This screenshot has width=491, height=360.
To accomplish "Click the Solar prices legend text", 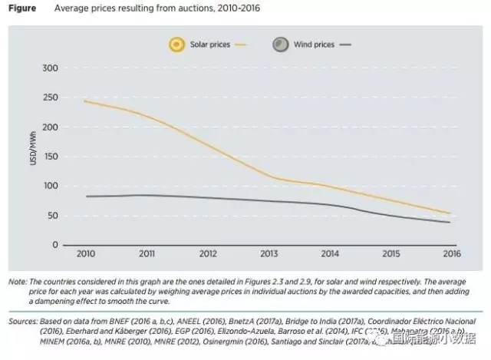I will coord(211,45).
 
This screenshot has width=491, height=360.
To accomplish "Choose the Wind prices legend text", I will coord(314,45).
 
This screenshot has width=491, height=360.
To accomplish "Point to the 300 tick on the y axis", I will coord(51,68).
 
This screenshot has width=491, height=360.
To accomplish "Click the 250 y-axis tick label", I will coord(51,97).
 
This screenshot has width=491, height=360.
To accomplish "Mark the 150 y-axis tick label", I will coord(51,157).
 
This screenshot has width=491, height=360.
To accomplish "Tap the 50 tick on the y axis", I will coord(53,216).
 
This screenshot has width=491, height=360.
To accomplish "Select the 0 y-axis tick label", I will coord(55,245).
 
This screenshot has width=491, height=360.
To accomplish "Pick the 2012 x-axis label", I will coord(208,253).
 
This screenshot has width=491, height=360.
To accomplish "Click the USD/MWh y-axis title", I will coord(33,157).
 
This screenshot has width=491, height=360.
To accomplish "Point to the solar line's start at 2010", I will coord(84,101).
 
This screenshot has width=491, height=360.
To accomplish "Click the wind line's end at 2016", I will coord(450,222).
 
